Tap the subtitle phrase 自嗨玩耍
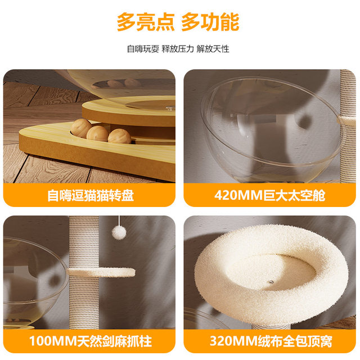pyautogui.click(x=143, y=49)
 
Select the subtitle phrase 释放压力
pyautogui.click(x=177, y=49)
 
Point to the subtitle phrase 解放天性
pyautogui.click(x=213, y=49)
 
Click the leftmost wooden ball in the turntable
pyautogui.click(x=80, y=128)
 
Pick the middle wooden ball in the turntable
pyautogui.click(x=98, y=133)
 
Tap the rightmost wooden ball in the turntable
pyautogui.click(x=119, y=137)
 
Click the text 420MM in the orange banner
pyautogui.click(x=237, y=196)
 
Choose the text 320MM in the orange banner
pyautogui.click(x=232, y=341)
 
